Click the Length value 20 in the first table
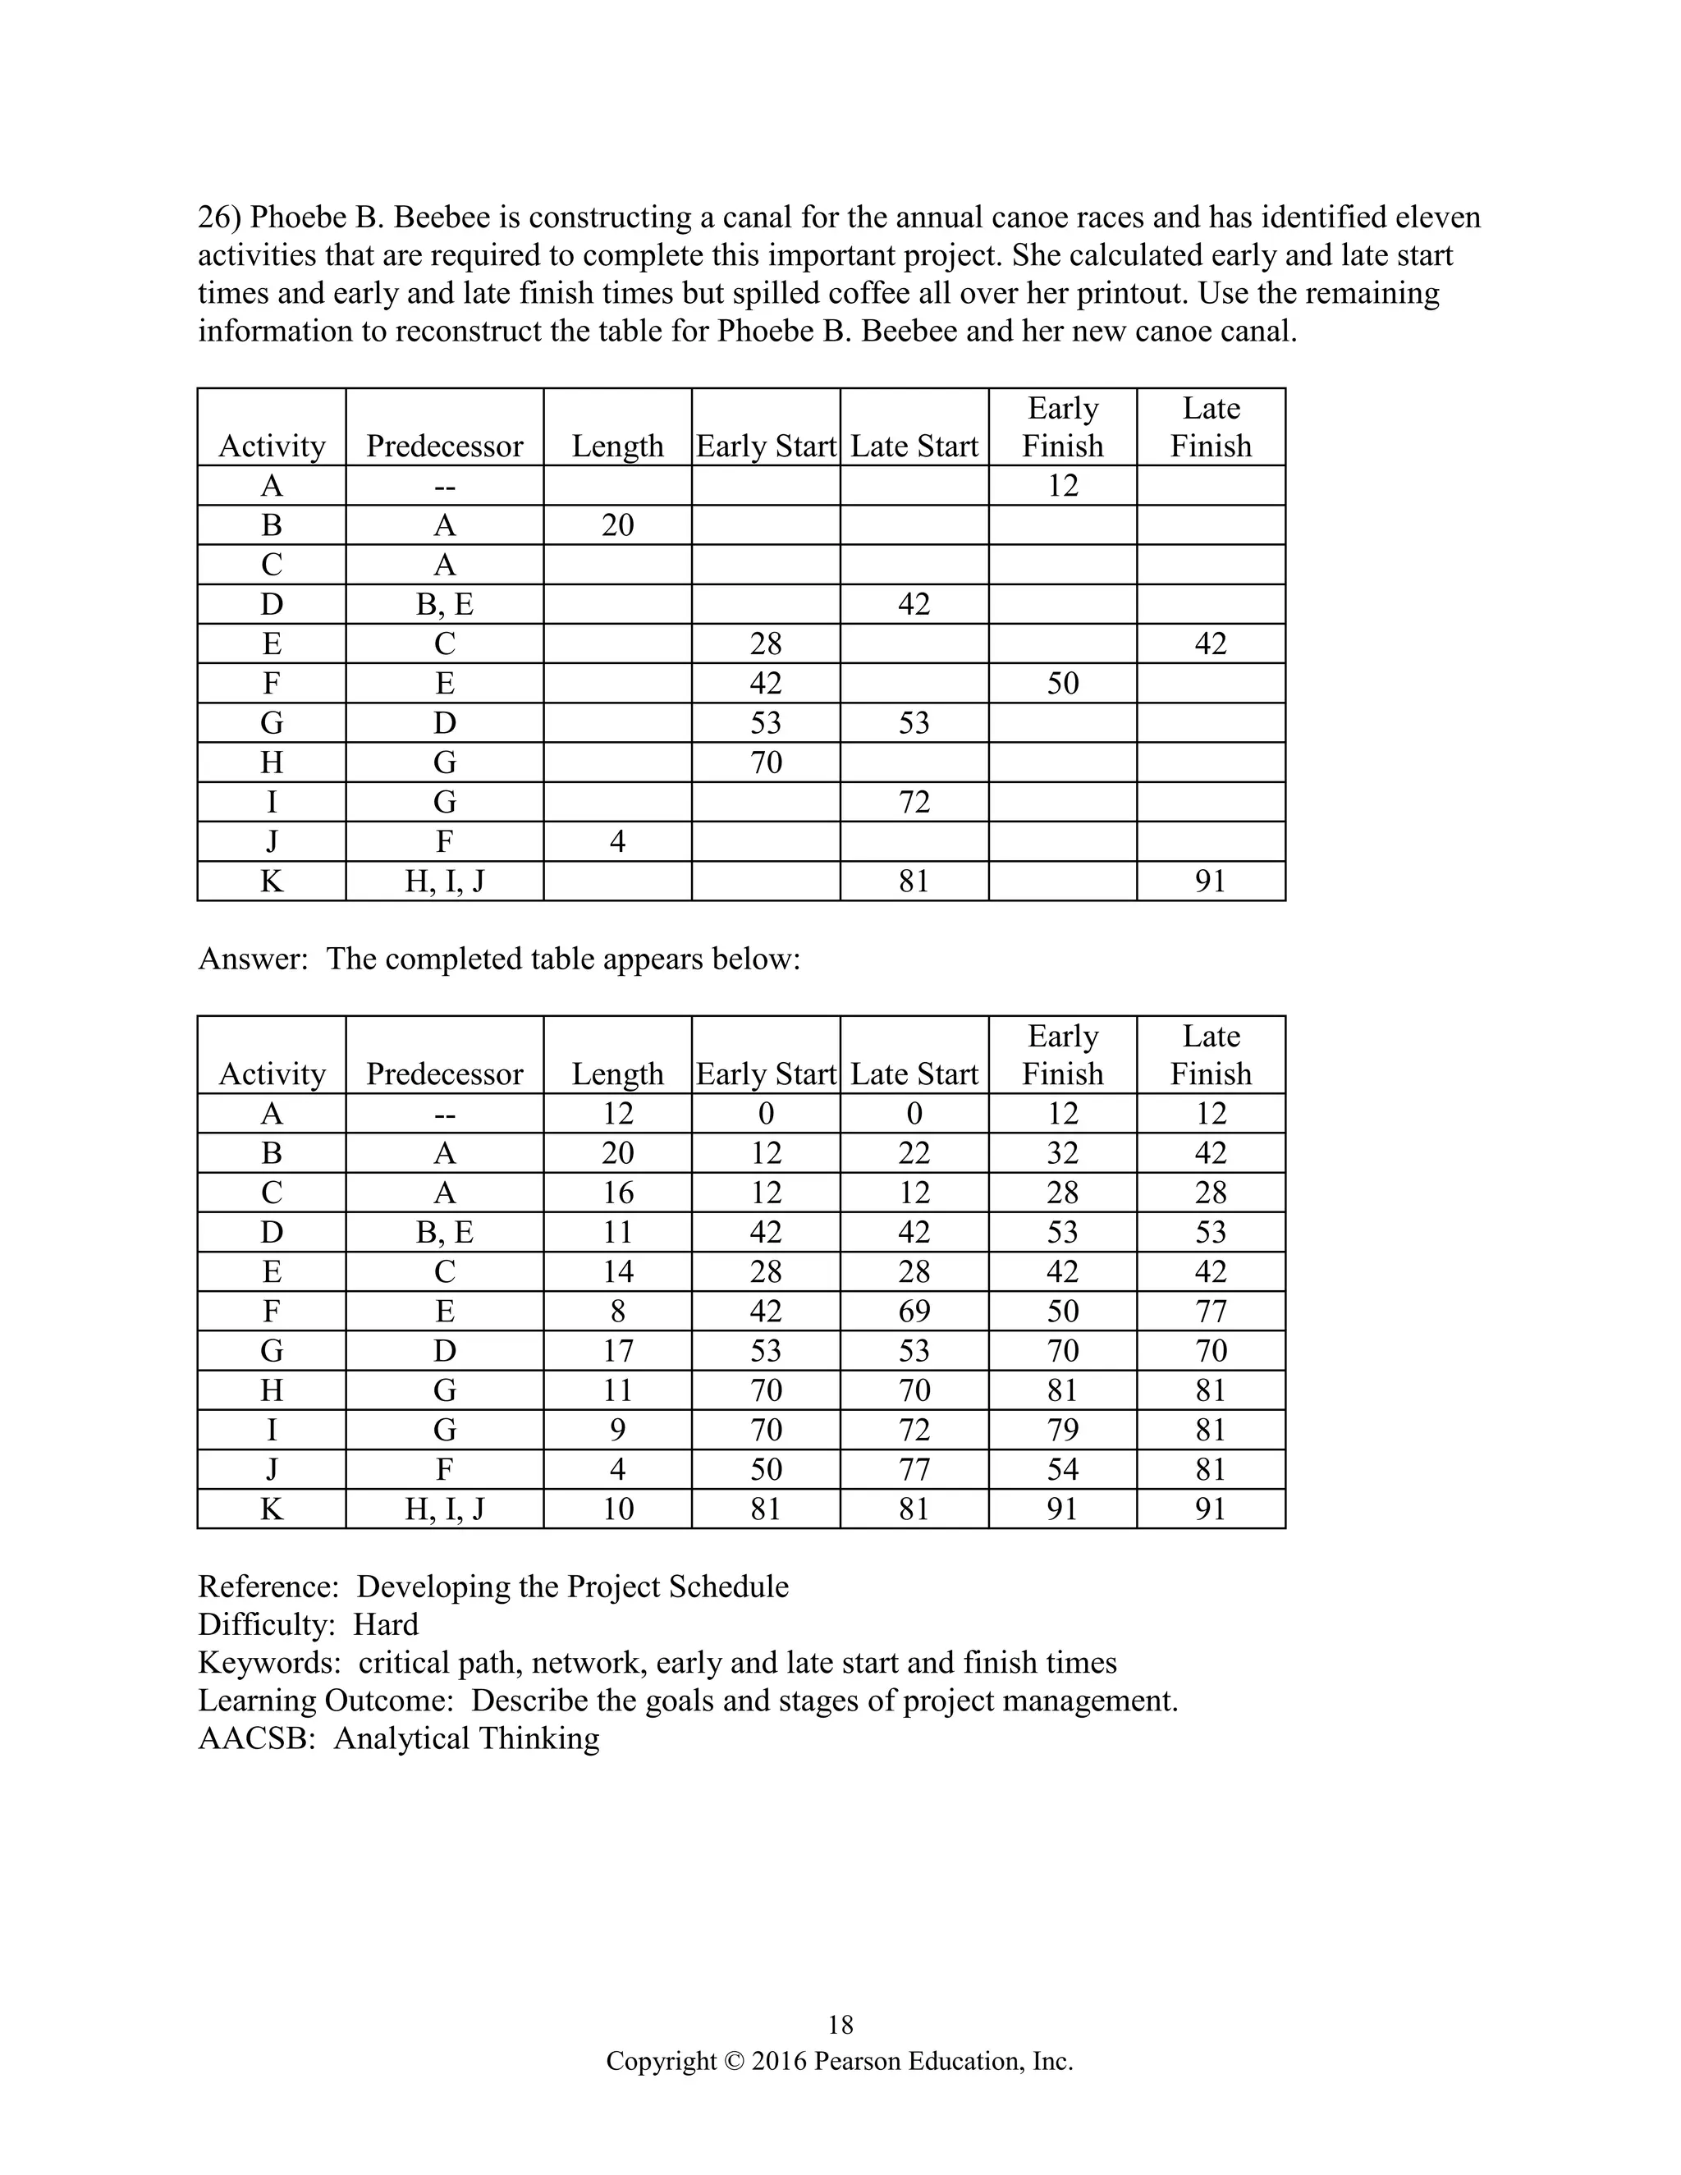[617, 524]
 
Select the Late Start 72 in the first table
[914, 802]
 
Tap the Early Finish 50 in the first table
[1063, 683]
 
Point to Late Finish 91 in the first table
[1210, 881]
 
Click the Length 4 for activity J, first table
[617, 841]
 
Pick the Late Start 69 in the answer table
[914, 1311]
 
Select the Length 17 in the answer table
[617, 1350]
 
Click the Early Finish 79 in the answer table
[1063, 1430]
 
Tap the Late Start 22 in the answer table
[914, 1153]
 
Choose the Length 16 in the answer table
[617, 1192]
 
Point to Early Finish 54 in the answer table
[1063, 1469]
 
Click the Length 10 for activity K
[617, 1509]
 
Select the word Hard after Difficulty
[386, 1624]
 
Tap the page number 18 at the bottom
[840, 2025]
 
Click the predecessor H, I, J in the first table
[444, 881]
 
